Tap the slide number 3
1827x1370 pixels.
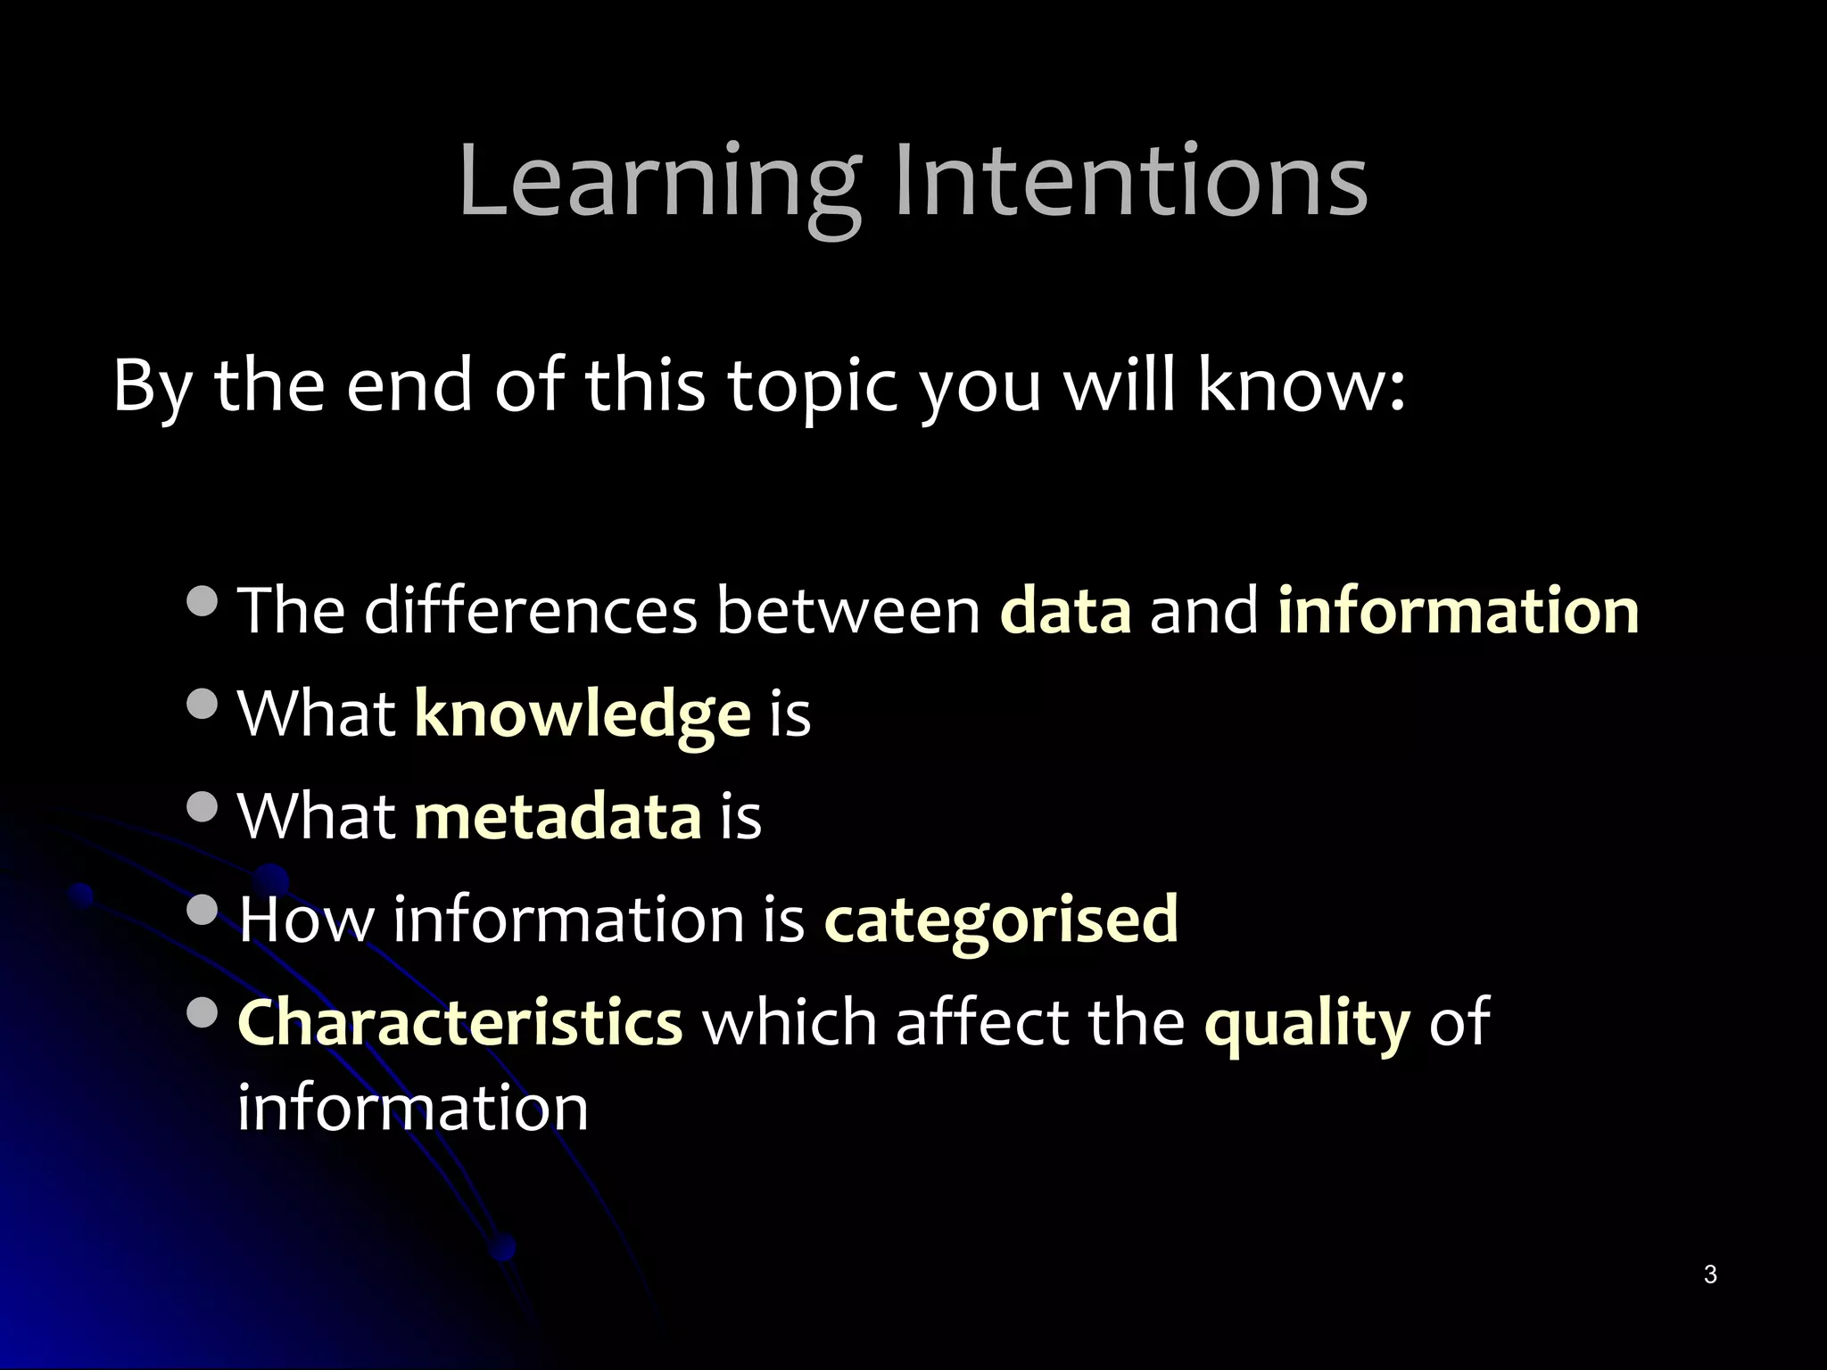pyautogui.click(x=1709, y=1275)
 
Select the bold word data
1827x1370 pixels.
pyautogui.click(x=1066, y=611)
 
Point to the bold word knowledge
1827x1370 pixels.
pyautogui.click(x=583, y=715)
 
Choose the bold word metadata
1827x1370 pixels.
pyautogui.click(x=558, y=817)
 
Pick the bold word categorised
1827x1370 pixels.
pyautogui.click(x=1001, y=920)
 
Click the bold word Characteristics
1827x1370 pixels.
pyautogui.click(x=460, y=1022)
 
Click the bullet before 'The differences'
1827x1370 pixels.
pyautogui.click(x=203, y=600)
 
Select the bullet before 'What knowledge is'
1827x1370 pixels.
pyautogui.click(x=203, y=704)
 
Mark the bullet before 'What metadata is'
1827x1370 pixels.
pyautogui.click(x=203, y=806)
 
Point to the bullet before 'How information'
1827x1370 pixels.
pyautogui.click(x=203, y=910)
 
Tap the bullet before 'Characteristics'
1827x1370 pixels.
pyautogui.click(x=203, y=1011)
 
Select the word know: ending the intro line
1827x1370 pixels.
pyautogui.click(x=1302, y=385)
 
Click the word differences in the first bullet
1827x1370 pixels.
pyautogui.click(x=531, y=611)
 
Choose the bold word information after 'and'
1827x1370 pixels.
pyautogui.click(x=1459, y=611)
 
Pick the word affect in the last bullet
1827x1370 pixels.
pyautogui.click(x=982, y=1022)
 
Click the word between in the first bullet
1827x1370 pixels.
pyautogui.click(x=848, y=611)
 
